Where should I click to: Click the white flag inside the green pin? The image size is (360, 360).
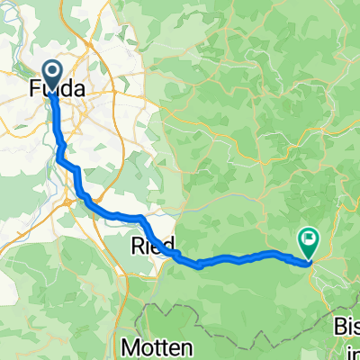310,239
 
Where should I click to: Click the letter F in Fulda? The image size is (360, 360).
36,90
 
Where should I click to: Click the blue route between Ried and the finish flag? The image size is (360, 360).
243,258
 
